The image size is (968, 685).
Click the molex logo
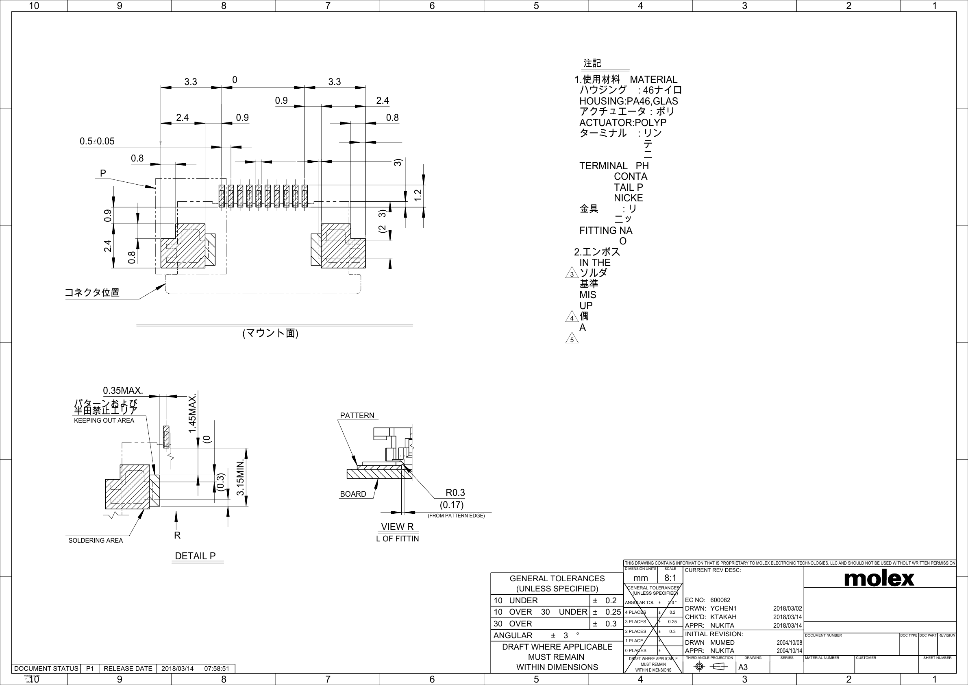point(879,578)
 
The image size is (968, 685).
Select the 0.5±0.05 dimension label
point(97,141)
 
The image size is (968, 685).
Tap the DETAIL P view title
point(195,556)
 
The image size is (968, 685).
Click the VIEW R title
point(397,526)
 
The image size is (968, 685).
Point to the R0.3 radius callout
point(455,493)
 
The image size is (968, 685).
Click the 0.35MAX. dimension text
point(123,390)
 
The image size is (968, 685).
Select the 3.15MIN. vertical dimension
point(240,478)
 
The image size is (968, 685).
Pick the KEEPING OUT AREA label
point(104,421)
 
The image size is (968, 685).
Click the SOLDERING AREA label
point(96,540)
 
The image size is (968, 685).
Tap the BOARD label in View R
point(353,494)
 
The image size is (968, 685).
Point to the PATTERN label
point(357,415)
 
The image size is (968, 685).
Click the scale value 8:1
point(670,578)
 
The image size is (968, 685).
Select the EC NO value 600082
point(720,600)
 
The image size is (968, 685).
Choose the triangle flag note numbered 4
point(572,318)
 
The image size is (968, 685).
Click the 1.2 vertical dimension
point(418,195)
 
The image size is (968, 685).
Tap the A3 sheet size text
point(743,667)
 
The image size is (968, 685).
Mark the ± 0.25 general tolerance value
point(607,612)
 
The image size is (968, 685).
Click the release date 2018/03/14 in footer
point(178,669)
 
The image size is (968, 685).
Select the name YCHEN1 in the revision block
point(724,608)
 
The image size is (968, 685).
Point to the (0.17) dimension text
point(452,504)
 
